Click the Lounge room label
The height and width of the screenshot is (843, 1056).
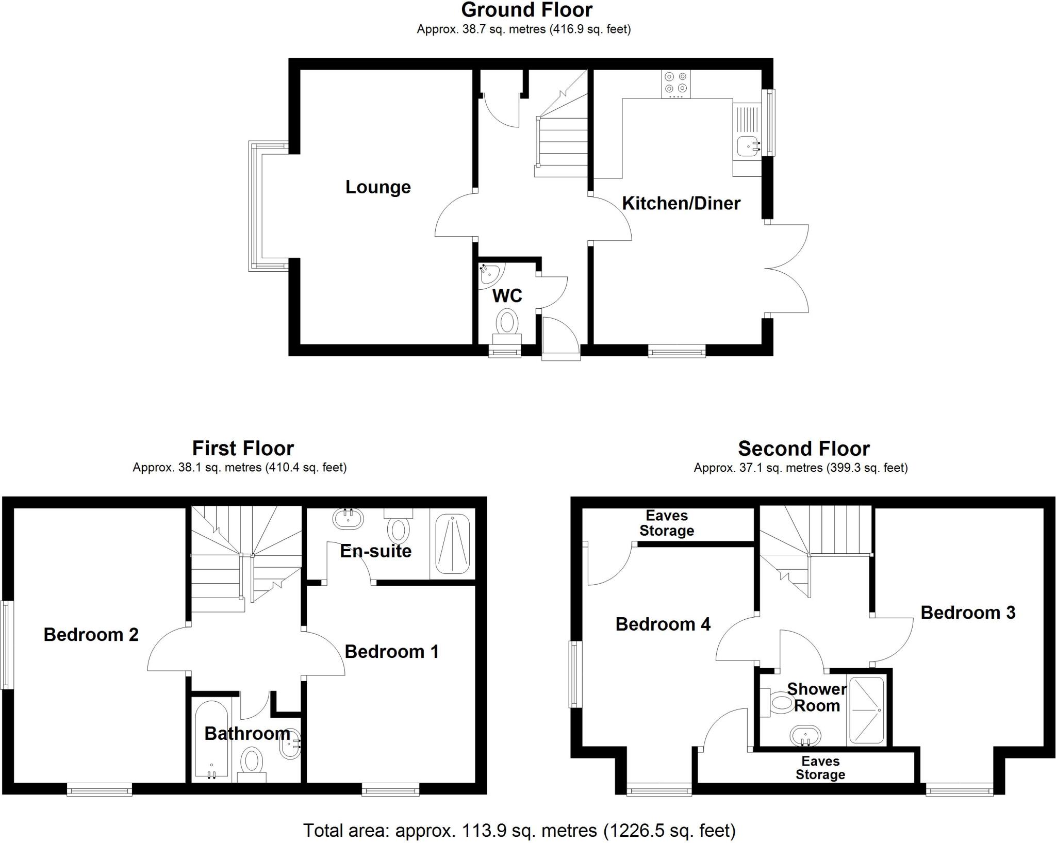378,187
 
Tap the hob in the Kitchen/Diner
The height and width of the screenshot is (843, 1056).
676,84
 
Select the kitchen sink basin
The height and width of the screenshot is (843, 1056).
747,146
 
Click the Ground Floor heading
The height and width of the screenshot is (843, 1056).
526,10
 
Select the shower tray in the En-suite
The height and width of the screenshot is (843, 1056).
453,544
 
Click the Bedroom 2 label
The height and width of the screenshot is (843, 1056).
91,635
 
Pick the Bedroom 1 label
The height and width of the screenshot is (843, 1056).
391,652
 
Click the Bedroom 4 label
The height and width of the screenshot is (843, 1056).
663,624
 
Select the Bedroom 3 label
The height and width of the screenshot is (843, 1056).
968,613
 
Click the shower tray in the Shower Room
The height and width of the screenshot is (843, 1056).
867,710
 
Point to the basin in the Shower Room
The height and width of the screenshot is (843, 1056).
805,736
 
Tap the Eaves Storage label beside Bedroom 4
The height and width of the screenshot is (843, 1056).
667,523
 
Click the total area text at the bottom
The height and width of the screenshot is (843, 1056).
519,830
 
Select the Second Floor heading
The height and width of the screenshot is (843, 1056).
803,449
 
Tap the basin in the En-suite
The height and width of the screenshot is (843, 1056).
348,518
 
